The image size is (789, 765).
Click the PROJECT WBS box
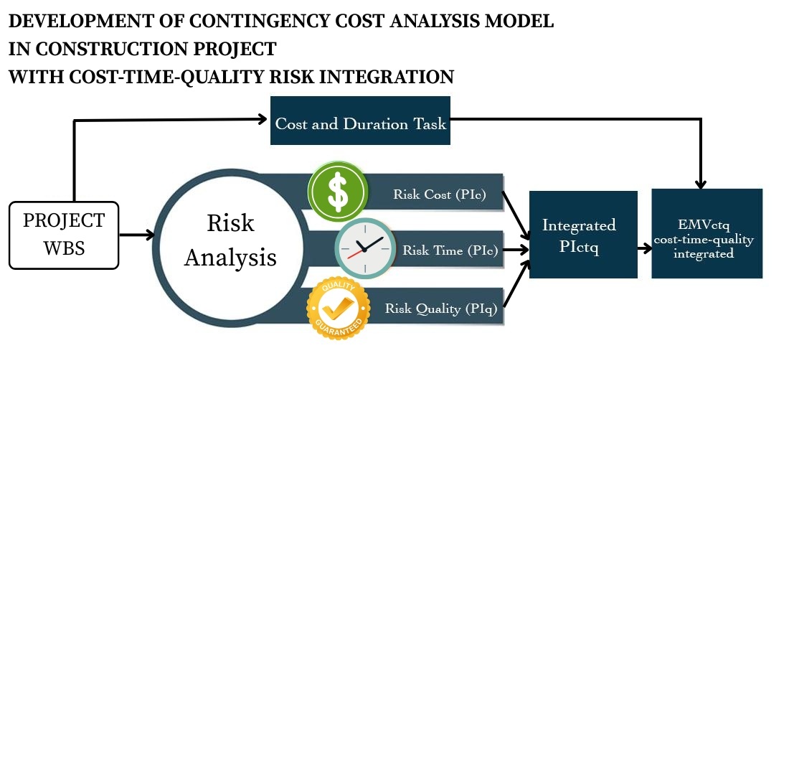[64, 235]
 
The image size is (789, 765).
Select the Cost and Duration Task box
[360, 121]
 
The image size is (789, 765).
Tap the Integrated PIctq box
[582, 235]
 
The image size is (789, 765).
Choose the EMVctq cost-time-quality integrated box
[706, 234]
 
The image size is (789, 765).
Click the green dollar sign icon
[338, 192]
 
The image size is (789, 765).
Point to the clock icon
[365, 248]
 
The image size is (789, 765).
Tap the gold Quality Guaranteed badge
[338, 309]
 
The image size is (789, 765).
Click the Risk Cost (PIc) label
[440, 194]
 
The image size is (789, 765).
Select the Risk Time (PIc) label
[450, 250]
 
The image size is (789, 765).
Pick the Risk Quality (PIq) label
[441, 309]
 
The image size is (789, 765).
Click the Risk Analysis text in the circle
[230, 240]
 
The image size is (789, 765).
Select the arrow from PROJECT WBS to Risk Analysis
[136, 235]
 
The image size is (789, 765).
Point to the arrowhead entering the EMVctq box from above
[701, 184]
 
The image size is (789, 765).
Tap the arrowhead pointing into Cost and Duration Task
[263, 120]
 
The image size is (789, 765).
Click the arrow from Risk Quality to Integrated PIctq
[516, 283]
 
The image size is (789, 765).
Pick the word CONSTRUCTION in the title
[116, 50]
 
